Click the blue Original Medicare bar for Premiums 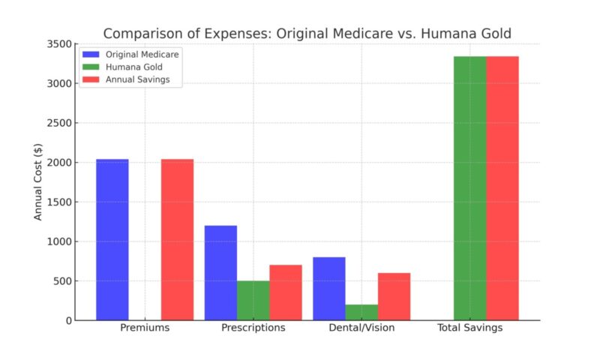(x=112, y=240)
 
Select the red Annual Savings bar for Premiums (x=177, y=240)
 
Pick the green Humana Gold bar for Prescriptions (x=253, y=301)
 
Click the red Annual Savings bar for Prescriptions (x=285, y=292)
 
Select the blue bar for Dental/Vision (x=328, y=289)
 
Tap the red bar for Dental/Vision (x=394, y=297)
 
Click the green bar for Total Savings (x=469, y=188)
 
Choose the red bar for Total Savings (x=502, y=188)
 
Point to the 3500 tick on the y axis (x=61, y=44)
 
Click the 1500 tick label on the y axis (x=61, y=202)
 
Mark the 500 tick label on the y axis (x=64, y=281)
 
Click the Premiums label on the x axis (x=145, y=329)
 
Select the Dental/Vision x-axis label (x=361, y=329)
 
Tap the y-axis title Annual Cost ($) (x=38, y=182)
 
